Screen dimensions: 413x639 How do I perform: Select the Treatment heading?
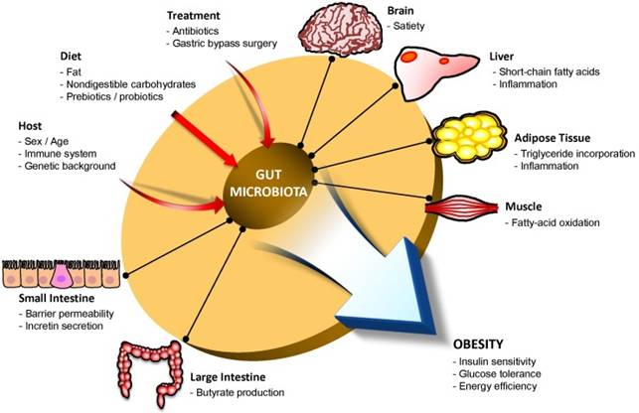click(194, 15)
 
